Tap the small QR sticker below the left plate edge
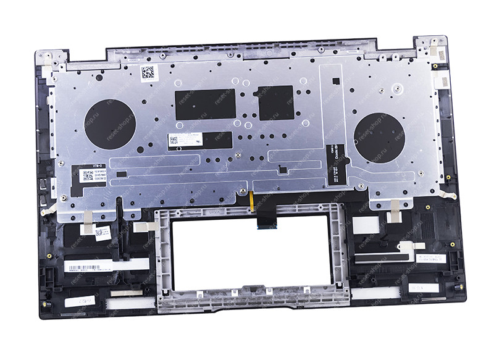click(x=103, y=232)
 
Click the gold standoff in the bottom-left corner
click(x=44, y=304)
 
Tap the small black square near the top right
click(x=335, y=80)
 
